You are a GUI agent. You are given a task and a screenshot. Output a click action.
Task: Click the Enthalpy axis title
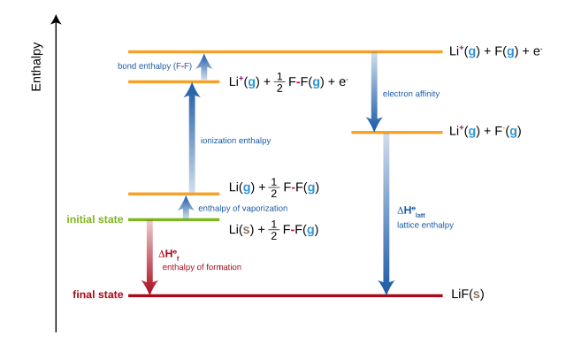36,67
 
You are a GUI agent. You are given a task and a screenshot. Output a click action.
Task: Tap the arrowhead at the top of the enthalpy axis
56,19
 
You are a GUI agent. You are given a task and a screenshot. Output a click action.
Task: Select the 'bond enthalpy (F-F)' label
155,66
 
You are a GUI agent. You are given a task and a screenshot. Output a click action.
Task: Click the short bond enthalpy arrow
204,67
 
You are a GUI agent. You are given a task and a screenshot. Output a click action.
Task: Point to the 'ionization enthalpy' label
235,141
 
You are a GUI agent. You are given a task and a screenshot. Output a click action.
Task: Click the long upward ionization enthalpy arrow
192,138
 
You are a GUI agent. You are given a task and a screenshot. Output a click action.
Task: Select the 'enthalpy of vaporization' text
243,209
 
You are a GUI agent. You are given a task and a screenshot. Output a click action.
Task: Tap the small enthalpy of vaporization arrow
186,207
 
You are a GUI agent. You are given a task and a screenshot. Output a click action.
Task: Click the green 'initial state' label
95,219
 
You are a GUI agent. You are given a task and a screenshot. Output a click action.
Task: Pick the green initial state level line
173,219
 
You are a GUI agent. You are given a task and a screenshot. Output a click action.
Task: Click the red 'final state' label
98,295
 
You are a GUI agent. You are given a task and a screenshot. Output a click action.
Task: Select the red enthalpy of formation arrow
149,257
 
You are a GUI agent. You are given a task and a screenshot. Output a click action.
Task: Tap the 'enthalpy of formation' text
202,267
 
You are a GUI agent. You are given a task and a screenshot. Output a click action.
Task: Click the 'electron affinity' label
411,94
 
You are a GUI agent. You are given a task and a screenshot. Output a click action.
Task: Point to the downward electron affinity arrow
374,92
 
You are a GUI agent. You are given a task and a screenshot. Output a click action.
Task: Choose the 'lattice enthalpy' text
425,226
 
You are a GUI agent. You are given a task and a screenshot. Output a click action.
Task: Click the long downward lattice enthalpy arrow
386,214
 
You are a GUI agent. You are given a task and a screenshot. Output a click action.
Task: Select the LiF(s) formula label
468,295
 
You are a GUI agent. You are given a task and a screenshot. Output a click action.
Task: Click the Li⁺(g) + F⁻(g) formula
486,131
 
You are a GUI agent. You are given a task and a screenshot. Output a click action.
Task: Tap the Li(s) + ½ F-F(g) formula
273,229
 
